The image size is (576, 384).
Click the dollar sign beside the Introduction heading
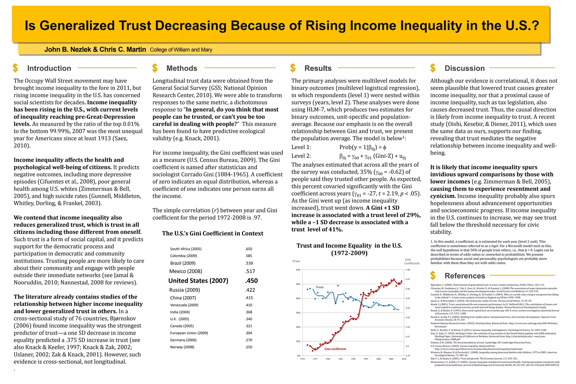(15, 68)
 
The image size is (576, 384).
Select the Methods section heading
(182, 68)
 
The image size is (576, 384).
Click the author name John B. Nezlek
(67, 50)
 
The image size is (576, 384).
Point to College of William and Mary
(181, 50)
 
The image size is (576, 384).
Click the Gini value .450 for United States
(251, 280)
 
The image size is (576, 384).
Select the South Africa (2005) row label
(186, 249)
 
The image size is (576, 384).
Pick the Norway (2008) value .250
(249, 347)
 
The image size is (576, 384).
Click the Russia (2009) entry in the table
(184, 290)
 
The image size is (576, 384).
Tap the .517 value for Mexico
(250, 271)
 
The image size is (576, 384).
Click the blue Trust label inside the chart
(319, 287)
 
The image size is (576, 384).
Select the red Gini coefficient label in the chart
(335, 349)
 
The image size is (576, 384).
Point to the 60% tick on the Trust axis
(298, 270)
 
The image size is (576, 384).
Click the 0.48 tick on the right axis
(408, 270)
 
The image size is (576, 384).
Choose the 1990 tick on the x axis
(353, 359)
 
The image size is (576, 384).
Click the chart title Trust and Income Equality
(349, 246)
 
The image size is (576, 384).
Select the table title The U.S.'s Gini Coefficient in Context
(213, 233)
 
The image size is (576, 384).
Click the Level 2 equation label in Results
(301, 156)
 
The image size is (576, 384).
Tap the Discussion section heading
(464, 68)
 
